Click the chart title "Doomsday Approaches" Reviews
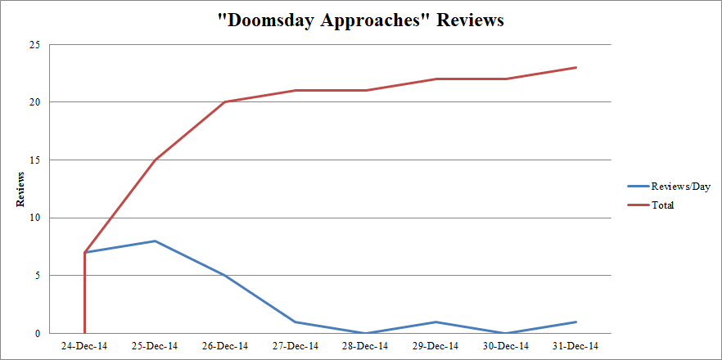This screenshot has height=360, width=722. point(360,20)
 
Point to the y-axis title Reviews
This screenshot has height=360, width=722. point(19,189)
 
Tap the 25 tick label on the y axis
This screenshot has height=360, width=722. point(34,45)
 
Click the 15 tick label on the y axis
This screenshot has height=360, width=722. point(34,160)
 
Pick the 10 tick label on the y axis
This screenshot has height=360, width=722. point(34,218)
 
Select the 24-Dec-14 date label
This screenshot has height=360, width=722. point(84,346)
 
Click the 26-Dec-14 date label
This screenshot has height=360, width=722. point(225,346)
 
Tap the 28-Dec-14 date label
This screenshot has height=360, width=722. point(365,346)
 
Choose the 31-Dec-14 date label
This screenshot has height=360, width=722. point(575,346)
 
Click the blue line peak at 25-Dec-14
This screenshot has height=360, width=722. point(155,241)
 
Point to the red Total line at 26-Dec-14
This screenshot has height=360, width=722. point(225,102)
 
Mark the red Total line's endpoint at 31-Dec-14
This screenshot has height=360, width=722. point(575,67)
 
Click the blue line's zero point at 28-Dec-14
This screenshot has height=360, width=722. point(365,333)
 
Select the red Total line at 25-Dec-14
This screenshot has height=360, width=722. point(155,160)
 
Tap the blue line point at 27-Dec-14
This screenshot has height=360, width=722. point(295,322)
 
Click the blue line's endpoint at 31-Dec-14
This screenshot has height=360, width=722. point(575,322)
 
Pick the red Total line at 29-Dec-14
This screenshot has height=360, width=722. point(435,79)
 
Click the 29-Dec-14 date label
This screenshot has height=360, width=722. point(435,346)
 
